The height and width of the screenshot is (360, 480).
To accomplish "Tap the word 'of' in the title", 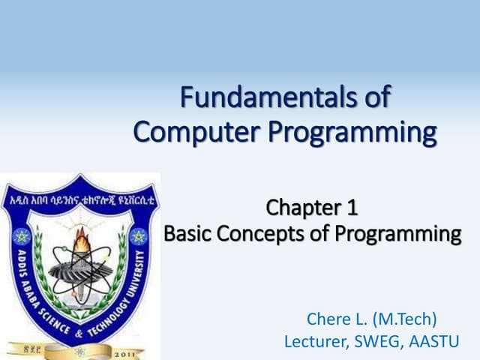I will pos(374,99).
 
